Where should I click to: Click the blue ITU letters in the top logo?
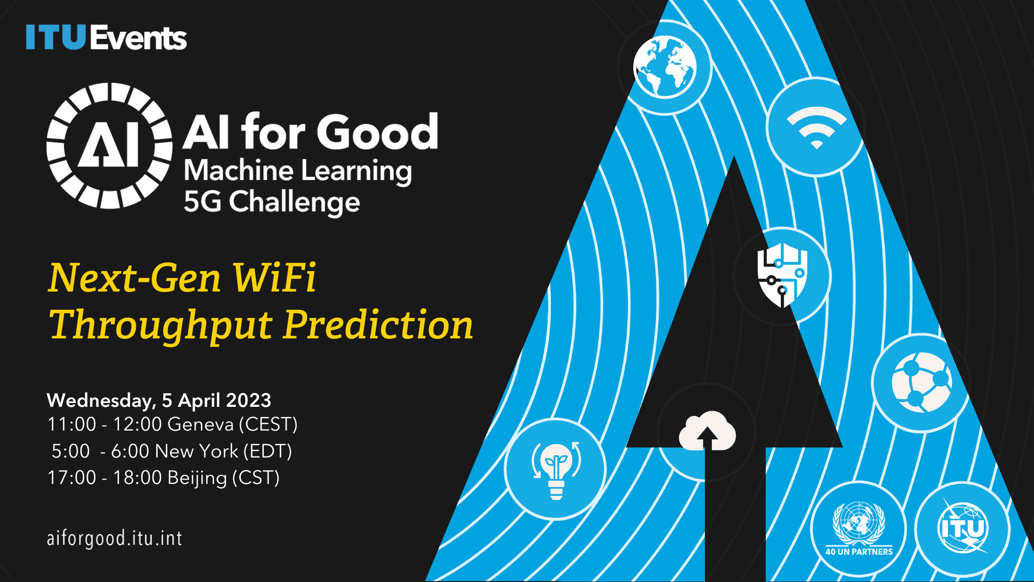56,37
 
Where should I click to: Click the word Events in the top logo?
138,38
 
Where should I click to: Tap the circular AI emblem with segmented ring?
109,145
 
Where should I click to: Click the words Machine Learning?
298,171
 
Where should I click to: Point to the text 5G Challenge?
272,203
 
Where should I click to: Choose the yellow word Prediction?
379,325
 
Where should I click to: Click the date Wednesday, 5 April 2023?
159,400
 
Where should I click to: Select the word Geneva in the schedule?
201,425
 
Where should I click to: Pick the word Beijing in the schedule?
197,479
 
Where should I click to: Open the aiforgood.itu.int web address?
115,538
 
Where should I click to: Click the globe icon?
665,67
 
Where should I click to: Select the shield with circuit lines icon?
783,275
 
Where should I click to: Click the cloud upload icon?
707,431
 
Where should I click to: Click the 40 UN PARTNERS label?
859,552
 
